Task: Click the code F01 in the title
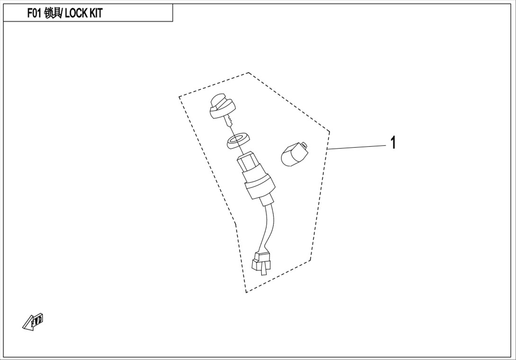pos(34,13)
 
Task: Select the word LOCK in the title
pos(76,13)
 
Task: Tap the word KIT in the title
pos(96,13)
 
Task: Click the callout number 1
pos(393,143)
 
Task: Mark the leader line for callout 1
pos(357,147)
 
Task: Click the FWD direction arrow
pos(33,321)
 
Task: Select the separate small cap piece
pos(294,154)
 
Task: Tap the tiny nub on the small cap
pos(304,145)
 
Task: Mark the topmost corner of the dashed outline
pos(249,72)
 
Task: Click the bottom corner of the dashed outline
pos(246,292)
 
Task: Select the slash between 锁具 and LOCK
pos(63,13)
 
